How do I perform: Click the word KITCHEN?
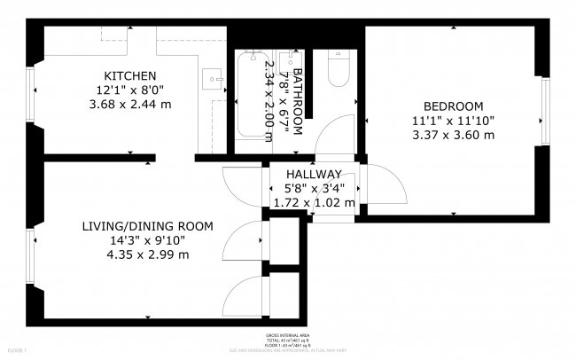pos(129,75)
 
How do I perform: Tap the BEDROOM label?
pos(453,106)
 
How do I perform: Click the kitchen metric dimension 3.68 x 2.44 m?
pos(129,105)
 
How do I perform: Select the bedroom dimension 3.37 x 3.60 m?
pos(453,135)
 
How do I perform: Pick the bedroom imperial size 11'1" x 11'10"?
pos(453,121)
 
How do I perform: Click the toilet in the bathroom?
pos(339,69)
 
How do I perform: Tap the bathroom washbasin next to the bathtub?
pos(286,63)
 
